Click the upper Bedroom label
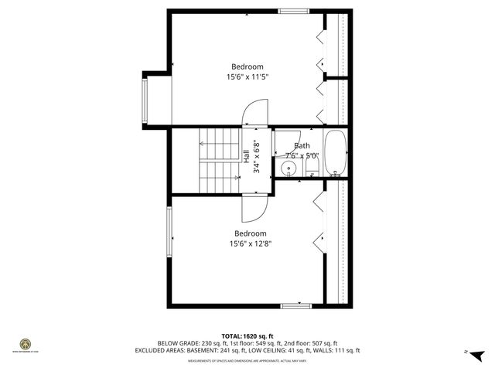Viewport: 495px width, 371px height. click(247, 66)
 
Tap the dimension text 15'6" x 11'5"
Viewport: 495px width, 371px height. click(247, 77)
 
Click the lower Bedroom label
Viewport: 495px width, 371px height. click(251, 233)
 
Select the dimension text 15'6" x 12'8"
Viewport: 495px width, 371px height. click(251, 244)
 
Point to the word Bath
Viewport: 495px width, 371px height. click(302, 145)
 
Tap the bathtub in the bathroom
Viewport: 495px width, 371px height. click(335, 153)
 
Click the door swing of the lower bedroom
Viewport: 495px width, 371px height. click(256, 207)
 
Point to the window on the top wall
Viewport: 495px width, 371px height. click(293, 11)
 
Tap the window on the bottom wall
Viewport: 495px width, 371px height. click(295, 306)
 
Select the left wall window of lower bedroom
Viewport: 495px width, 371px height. click(169, 233)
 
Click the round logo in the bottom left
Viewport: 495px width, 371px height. click(25, 345)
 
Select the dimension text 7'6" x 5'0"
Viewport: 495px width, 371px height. click(302, 155)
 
